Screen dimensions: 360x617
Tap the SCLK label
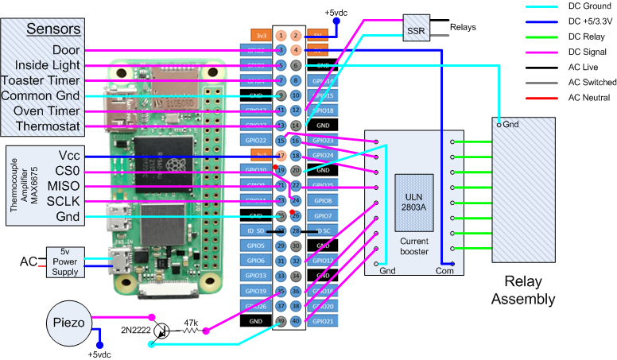pos(64,202)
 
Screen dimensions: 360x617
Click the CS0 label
pos(67,172)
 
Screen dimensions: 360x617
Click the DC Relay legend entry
pos(587,37)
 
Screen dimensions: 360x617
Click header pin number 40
pos(296,321)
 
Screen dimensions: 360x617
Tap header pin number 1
pos(281,36)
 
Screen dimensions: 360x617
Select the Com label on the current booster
pos(444,270)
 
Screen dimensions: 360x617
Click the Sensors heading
pos(53,29)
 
